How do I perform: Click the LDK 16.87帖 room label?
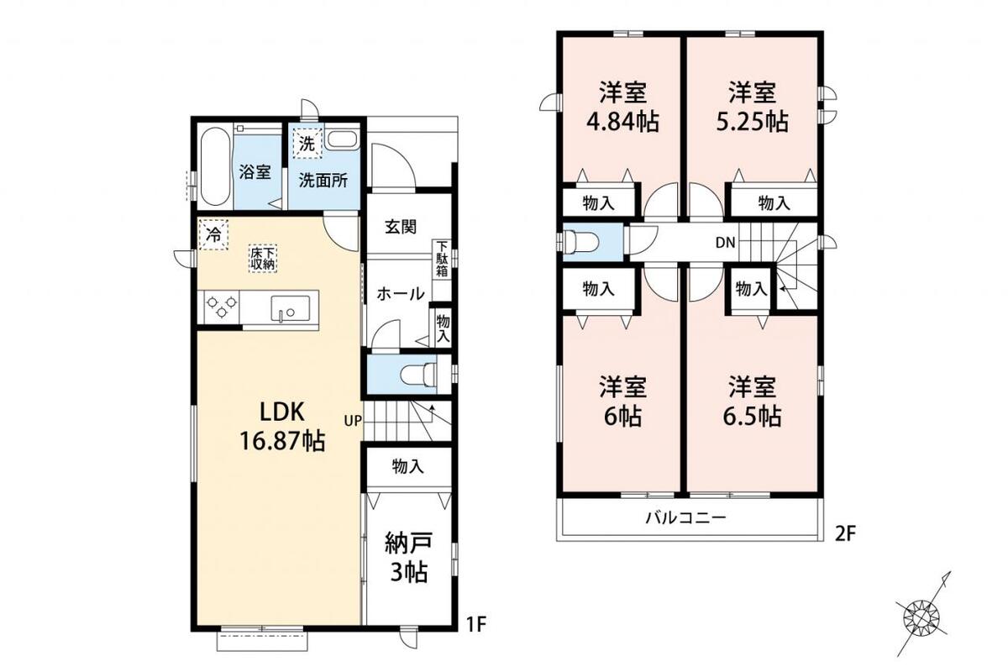[x=282, y=426]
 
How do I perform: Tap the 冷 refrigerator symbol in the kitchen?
[x=213, y=234]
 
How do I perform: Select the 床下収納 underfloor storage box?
[x=263, y=259]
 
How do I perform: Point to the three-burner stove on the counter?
[x=222, y=307]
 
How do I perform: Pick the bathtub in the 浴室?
[x=214, y=167]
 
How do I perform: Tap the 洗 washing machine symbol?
[x=308, y=144]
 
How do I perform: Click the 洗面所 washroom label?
[x=323, y=181]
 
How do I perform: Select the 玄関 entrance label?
[x=401, y=228]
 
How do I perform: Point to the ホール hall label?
[x=400, y=294]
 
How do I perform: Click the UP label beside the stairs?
[x=353, y=421]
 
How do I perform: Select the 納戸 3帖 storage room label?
[x=408, y=557]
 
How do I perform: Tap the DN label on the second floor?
[x=726, y=243]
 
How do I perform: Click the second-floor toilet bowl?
[x=583, y=242]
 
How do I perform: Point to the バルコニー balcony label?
[x=686, y=517]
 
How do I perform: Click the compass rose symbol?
[x=918, y=618]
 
